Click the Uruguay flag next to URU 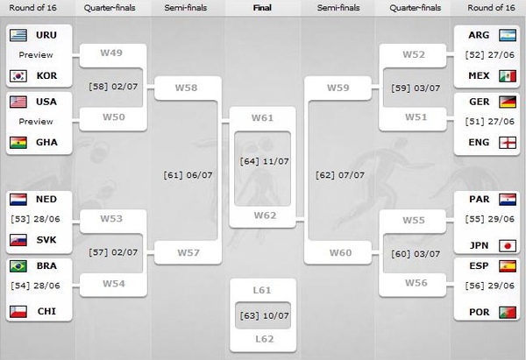click(18, 35)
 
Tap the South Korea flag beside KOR click(18, 75)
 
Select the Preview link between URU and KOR click(36, 55)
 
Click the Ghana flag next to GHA click(18, 143)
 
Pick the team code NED click(46, 199)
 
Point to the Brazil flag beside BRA click(18, 266)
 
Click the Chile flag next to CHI click(18, 312)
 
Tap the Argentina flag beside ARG click(508, 35)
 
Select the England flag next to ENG click(508, 143)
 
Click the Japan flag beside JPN click(508, 246)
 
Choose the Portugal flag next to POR click(508, 312)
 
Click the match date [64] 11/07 click(265, 161)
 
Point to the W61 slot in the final click(262, 118)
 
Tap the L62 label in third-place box click(265, 339)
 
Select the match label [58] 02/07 click(113, 87)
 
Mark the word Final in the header click(262, 8)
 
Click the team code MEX click(479, 75)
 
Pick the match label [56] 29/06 click(490, 286)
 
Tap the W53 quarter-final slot click(111, 219)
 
